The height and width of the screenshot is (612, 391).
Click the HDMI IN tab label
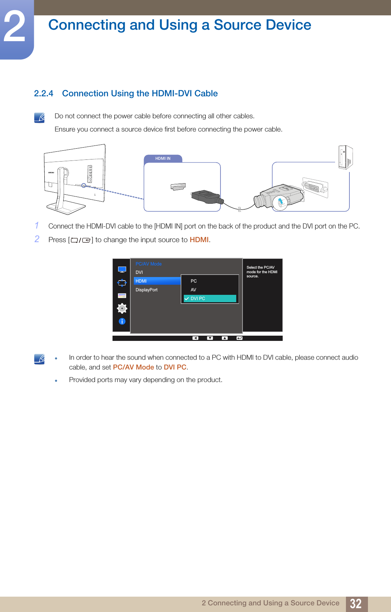(x=163, y=158)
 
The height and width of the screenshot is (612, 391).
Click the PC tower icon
(x=345, y=157)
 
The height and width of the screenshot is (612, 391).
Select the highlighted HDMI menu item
(x=157, y=281)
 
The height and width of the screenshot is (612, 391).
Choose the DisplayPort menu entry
(x=146, y=290)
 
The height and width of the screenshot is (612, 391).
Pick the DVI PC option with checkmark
(x=210, y=299)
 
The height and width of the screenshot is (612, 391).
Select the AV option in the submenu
(x=193, y=290)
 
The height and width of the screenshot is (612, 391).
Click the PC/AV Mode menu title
(x=149, y=264)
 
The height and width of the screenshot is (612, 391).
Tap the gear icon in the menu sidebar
(x=122, y=308)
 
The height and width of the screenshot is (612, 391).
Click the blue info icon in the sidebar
(x=122, y=321)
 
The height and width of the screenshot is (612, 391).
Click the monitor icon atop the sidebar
(x=122, y=269)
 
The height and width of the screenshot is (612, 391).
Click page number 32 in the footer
(x=356, y=604)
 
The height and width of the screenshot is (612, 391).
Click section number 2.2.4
(x=44, y=94)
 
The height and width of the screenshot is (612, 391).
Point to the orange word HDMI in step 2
(x=199, y=240)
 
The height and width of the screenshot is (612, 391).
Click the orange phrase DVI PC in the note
(x=175, y=367)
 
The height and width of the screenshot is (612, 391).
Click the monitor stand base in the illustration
(x=66, y=209)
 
